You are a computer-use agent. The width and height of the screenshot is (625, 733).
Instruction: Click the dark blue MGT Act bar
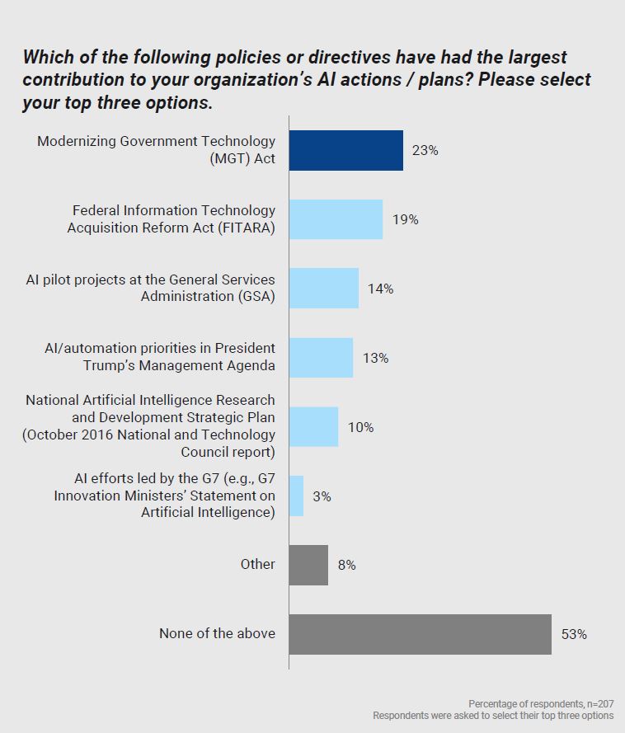tap(345, 150)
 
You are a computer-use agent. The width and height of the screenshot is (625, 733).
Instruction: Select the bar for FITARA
tap(336, 219)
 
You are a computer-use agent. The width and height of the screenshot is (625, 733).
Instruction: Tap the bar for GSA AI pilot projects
tap(323, 288)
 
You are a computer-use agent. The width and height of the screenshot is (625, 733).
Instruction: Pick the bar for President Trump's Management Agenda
tap(321, 357)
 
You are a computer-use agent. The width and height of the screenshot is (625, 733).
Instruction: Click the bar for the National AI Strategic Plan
tap(313, 426)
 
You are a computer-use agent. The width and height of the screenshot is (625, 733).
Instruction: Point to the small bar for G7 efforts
tap(296, 496)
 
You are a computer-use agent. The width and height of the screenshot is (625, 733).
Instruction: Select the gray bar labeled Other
tap(308, 565)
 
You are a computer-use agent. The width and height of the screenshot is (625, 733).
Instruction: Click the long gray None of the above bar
tap(420, 634)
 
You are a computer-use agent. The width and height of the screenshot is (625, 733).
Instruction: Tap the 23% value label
tap(426, 151)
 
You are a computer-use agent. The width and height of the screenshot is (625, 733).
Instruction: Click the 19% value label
tap(406, 220)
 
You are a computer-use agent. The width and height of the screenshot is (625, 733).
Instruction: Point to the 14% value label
tap(381, 289)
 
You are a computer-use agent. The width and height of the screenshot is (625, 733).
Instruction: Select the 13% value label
tap(375, 358)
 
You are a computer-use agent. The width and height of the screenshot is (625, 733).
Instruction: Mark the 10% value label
tap(360, 427)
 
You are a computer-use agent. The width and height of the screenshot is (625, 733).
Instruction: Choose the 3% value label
tap(322, 496)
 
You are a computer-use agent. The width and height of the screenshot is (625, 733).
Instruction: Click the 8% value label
tap(347, 566)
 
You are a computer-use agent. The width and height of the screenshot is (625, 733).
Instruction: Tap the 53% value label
tap(574, 635)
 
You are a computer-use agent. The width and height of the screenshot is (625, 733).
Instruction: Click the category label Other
tap(258, 564)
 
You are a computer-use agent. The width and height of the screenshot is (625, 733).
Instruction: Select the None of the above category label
tap(217, 633)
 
